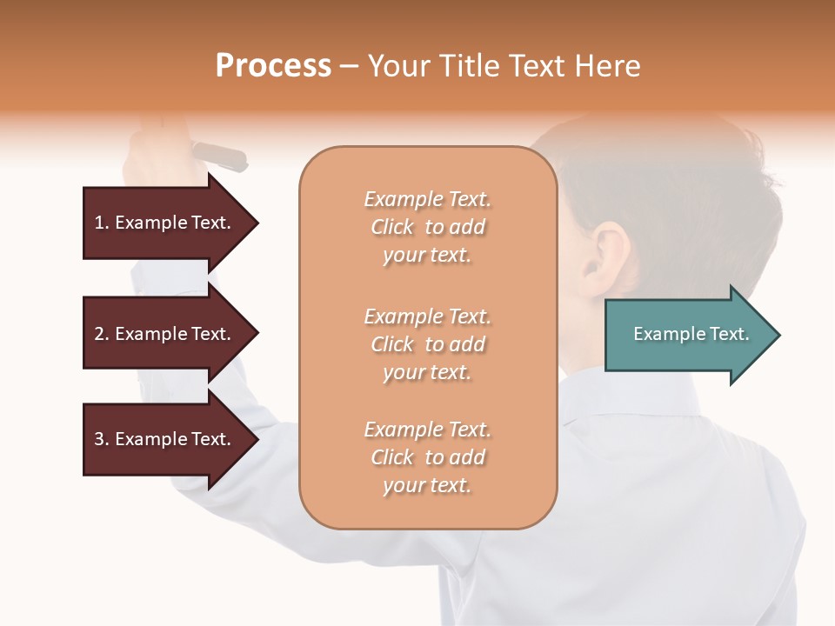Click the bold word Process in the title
273,66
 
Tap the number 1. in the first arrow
102,223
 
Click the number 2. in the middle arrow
102,334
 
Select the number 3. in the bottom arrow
102,439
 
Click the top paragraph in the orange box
427,227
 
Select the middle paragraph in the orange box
427,344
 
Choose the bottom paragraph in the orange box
427,457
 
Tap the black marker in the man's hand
219,156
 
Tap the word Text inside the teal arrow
729,334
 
